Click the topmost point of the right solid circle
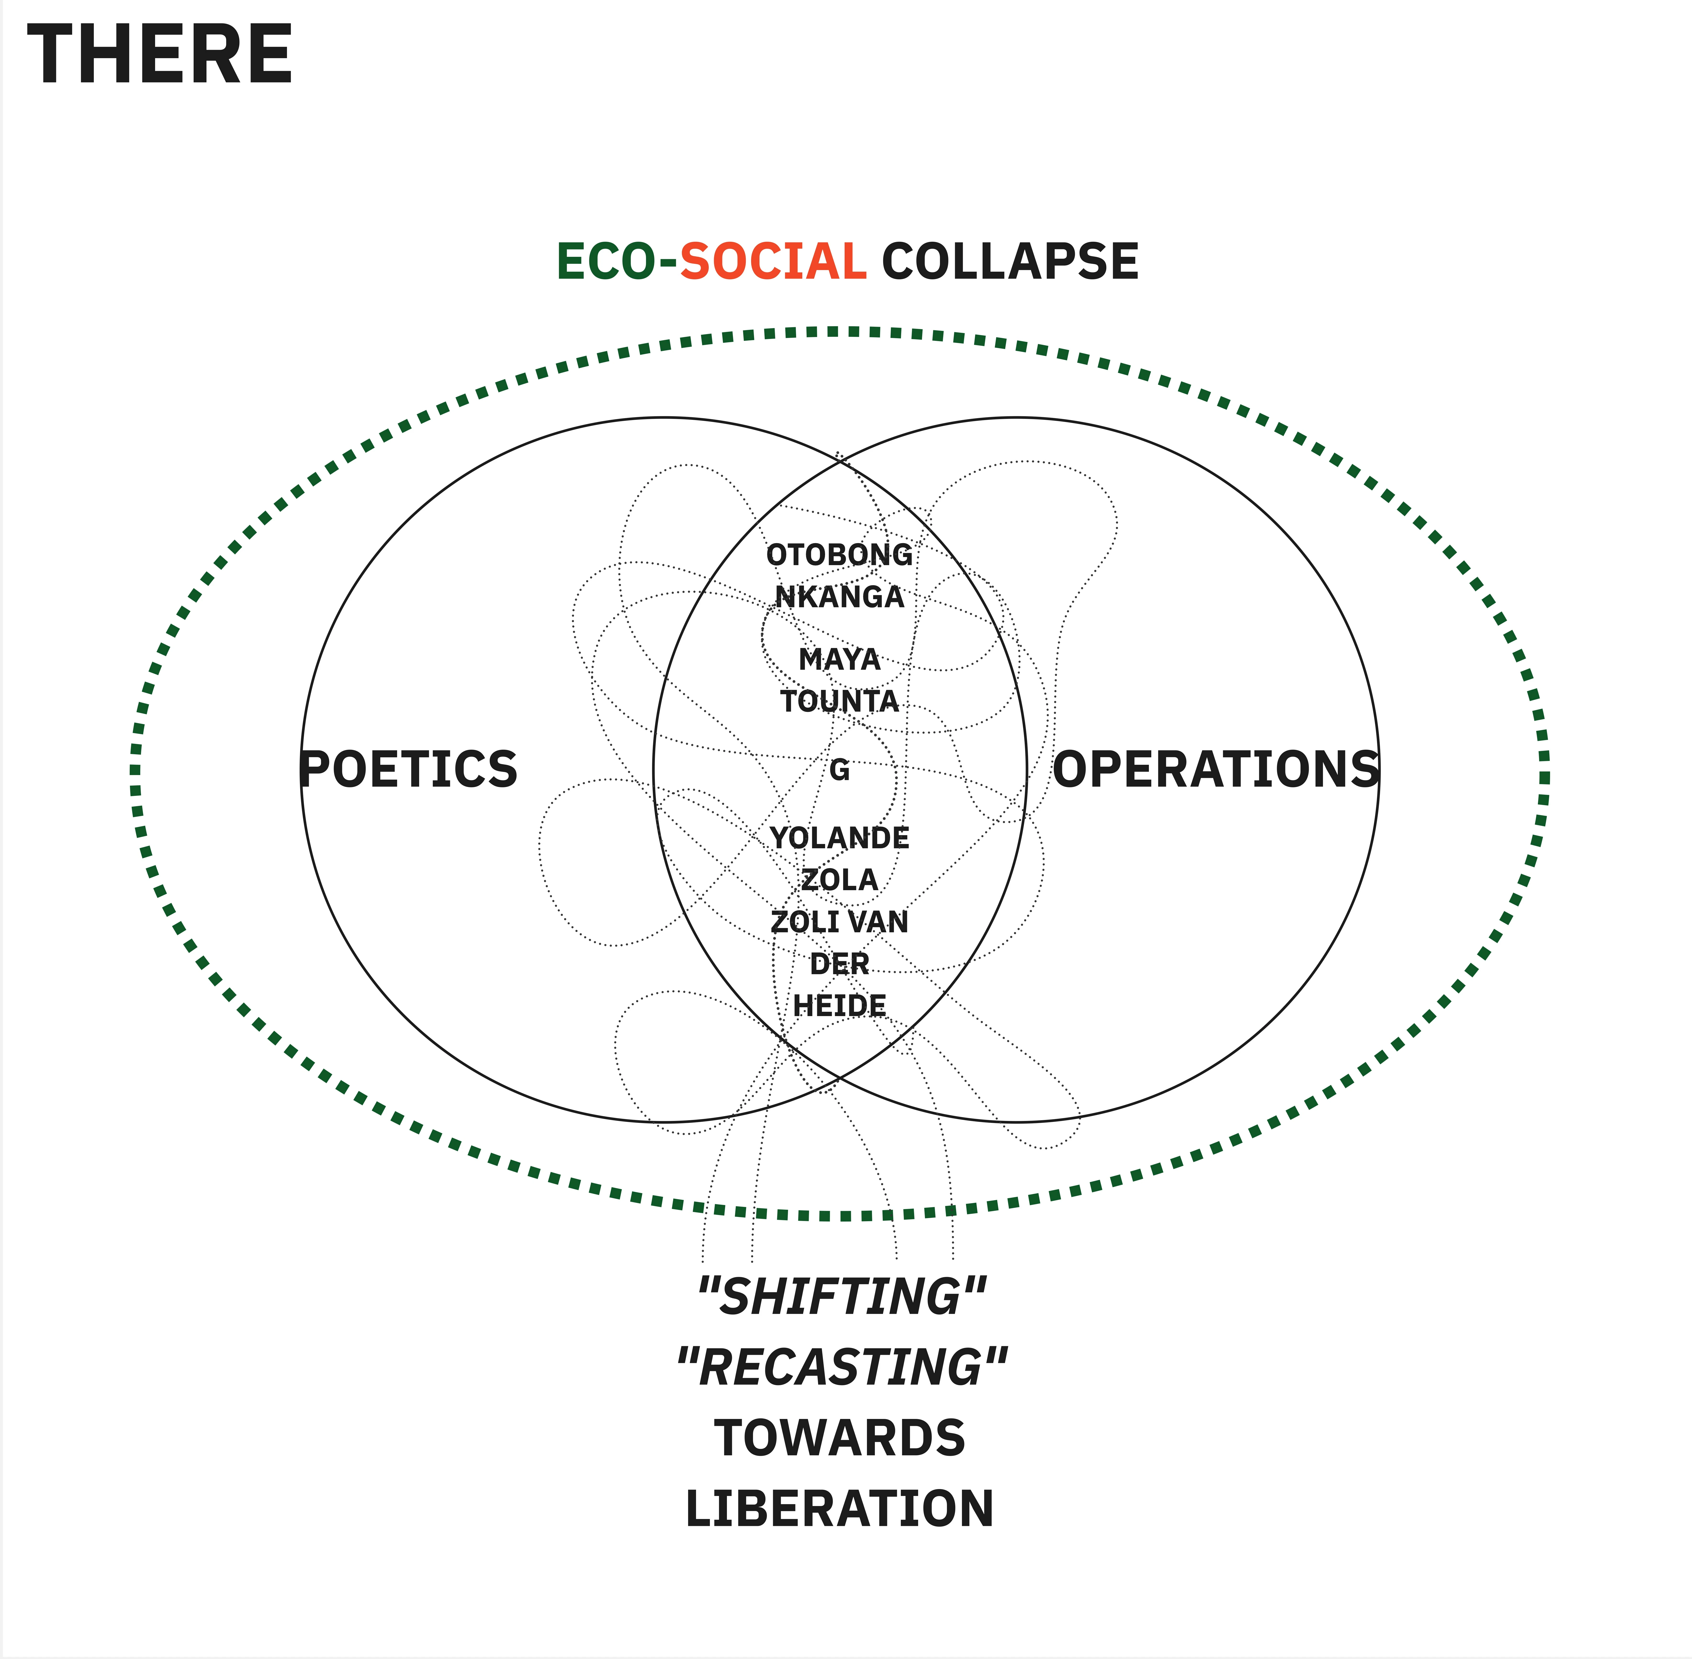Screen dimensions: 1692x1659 (x=1018, y=418)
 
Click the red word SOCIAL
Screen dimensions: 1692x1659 (x=773, y=261)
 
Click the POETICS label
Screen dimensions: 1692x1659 (x=409, y=769)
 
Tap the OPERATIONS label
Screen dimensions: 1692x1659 (x=1216, y=769)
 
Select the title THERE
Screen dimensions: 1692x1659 (x=160, y=55)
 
